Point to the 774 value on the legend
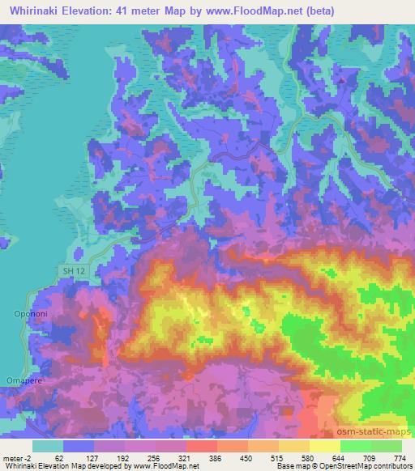399,457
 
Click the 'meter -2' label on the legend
15,457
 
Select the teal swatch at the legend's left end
47,446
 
